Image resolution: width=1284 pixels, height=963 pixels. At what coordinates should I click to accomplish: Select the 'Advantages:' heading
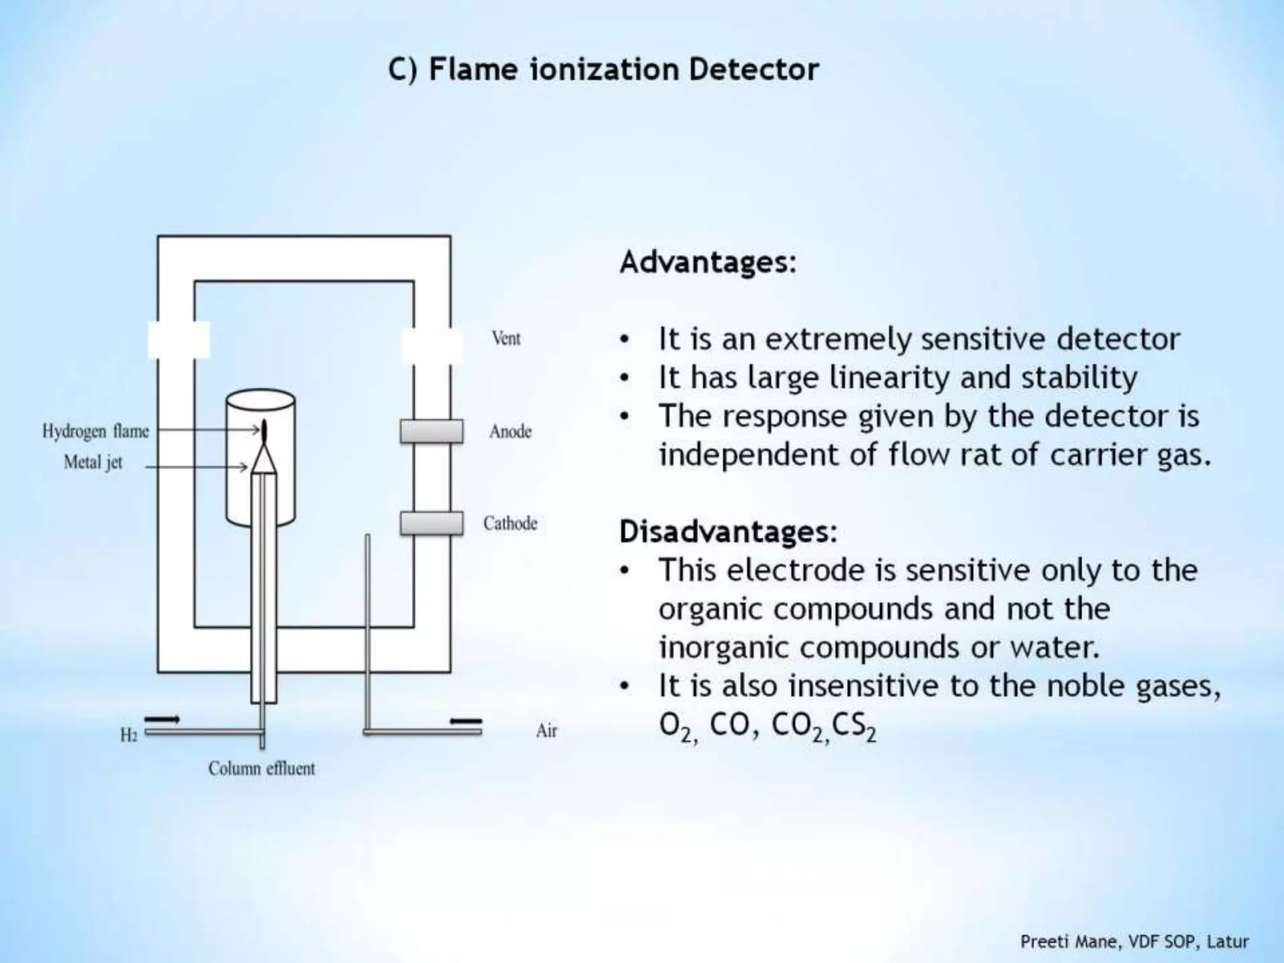(708, 262)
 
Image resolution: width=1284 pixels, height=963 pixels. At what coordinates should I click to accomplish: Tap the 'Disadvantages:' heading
(728, 532)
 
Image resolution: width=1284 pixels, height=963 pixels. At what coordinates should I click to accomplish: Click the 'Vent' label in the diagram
(506, 339)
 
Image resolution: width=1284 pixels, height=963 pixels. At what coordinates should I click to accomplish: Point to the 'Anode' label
(510, 431)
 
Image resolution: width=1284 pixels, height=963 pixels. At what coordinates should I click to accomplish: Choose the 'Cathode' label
(510, 523)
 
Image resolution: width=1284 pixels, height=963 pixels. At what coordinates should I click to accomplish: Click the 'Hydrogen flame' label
(95, 431)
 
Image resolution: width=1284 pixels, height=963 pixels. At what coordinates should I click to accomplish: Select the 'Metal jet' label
(93, 463)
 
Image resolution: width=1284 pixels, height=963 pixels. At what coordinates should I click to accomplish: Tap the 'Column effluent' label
(261, 769)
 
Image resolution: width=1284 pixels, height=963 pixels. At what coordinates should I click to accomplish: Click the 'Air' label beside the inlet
(546, 731)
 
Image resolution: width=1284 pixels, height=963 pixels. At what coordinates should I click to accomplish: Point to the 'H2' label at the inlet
(129, 735)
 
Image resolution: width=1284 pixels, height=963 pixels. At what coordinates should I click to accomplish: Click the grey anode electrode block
(431, 431)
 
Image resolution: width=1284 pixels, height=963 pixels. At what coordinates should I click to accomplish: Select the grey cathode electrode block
(431, 523)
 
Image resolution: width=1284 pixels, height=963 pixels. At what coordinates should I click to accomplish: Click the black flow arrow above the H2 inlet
(162, 719)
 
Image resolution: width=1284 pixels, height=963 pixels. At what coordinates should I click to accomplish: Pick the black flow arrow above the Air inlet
(466, 721)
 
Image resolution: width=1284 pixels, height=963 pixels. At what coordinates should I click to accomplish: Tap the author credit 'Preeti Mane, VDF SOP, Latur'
(1134, 942)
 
